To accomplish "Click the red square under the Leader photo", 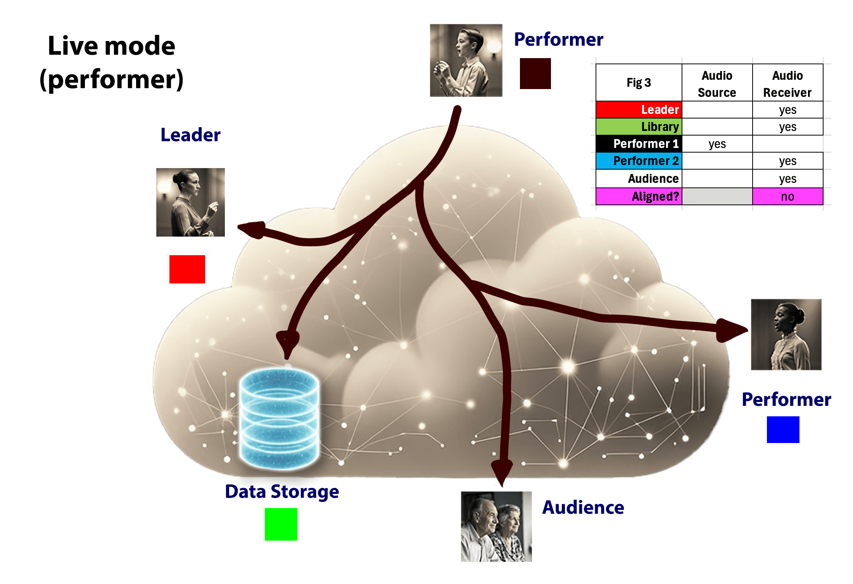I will pyautogui.click(x=187, y=269).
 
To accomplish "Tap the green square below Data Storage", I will pyautogui.click(x=281, y=524).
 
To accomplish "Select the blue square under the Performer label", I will pyautogui.click(x=783, y=429).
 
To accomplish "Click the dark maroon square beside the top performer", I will pyautogui.click(x=535, y=74).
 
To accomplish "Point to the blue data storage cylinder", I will pyautogui.click(x=279, y=419).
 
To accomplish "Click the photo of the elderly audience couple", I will pyautogui.click(x=496, y=526).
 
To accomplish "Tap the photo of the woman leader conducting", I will pyautogui.click(x=190, y=202).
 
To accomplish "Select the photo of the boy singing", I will pyautogui.click(x=466, y=60).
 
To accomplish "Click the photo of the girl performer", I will pyautogui.click(x=786, y=335).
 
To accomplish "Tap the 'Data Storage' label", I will pyautogui.click(x=282, y=491).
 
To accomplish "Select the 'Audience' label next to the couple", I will pyautogui.click(x=583, y=507).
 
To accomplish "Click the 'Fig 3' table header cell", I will pyautogui.click(x=639, y=82).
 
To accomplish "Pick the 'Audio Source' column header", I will pyautogui.click(x=717, y=84).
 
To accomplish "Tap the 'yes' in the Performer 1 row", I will pyautogui.click(x=717, y=144).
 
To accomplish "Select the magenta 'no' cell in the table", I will pyautogui.click(x=787, y=196).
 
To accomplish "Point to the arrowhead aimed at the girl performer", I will pyautogui.click(x=731, y=330).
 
